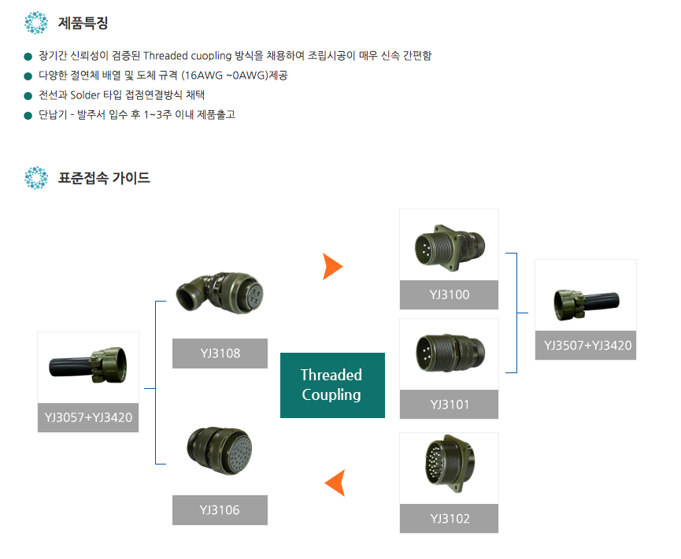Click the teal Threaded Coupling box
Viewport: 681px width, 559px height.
(x=332, y=385)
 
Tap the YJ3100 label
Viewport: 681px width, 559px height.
(x=449, y=295)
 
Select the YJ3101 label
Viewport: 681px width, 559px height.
(x=449, y=405)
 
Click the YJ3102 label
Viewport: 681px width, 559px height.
(x=449, y=519)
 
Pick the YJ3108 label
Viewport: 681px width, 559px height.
(x=220, y=354)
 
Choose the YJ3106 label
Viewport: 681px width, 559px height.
(x=220, y=510)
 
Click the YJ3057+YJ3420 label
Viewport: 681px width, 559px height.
(x=88, y=417)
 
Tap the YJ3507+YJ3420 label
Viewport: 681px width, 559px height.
(x=586, y=346)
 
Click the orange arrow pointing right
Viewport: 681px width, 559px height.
(x=332, y=267)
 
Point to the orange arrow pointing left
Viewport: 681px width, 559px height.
(x=335, y=483)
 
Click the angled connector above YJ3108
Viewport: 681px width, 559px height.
(x=220, y=292)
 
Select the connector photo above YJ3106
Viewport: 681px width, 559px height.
(x=220, y=450)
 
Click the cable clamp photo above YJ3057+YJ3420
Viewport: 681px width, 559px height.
(x=88, y=365)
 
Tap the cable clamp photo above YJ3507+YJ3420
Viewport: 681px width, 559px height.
(x=587, y=305)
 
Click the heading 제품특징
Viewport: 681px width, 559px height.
(x=83, y=23)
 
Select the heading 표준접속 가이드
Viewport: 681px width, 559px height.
(x=104, y=178)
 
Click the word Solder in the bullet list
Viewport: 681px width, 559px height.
(x=85, y=94)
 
